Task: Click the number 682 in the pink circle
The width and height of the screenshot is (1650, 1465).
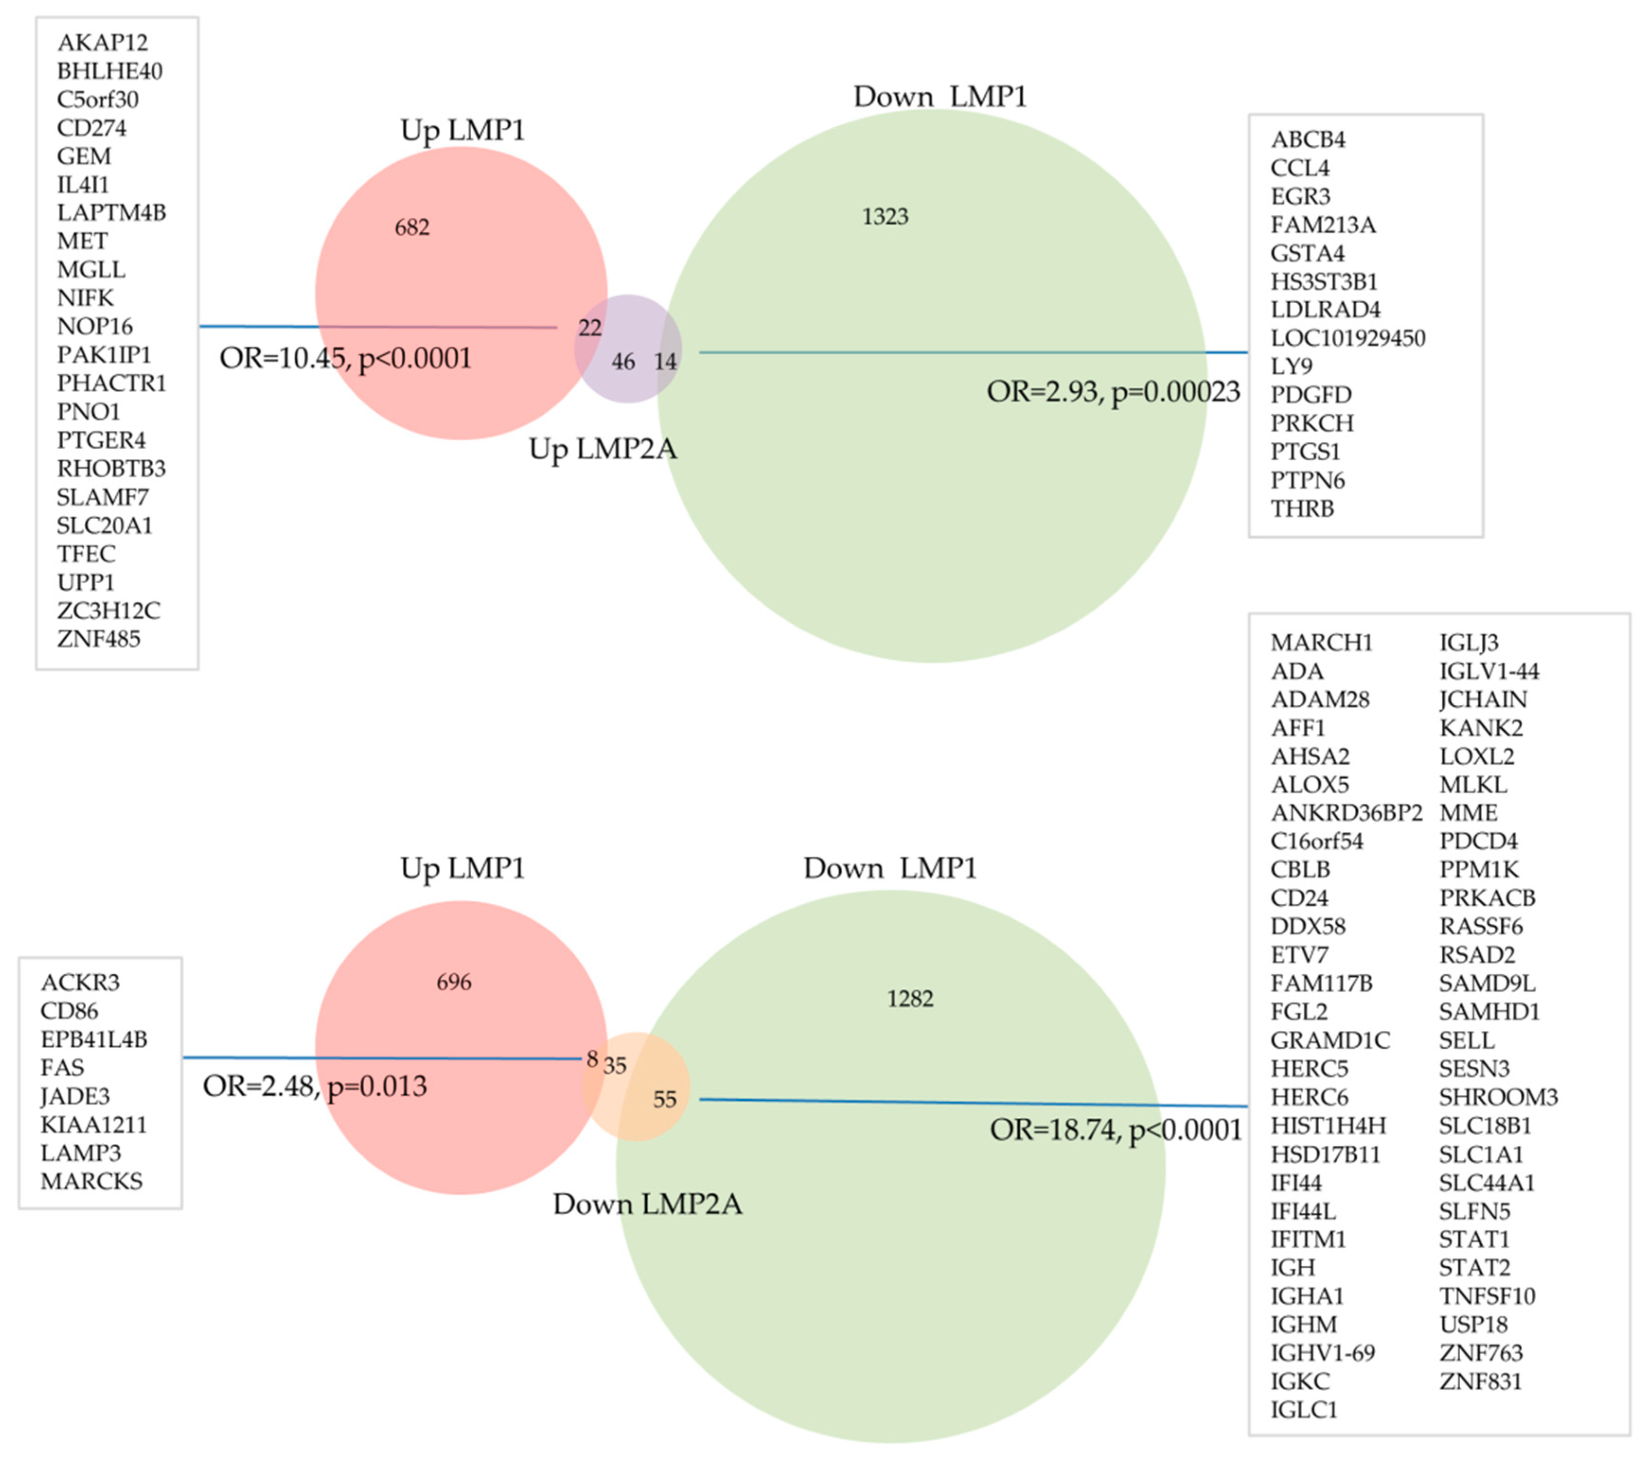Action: pos(412,228)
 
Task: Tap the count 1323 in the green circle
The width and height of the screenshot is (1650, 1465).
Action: pos(885,216)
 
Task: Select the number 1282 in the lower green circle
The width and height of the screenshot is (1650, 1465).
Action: pos(910,999)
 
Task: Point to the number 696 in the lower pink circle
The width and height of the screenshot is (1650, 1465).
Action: pos(454,983)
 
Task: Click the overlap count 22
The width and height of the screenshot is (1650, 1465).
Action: pos(590,328)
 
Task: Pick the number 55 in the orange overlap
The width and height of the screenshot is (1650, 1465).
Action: pos(664,1099)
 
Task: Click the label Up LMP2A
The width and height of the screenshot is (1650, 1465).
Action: pos(602,449)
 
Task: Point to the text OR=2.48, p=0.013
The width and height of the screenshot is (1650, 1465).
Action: pos(315,1087)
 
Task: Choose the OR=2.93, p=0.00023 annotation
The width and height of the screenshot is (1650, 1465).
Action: pos(1113,392)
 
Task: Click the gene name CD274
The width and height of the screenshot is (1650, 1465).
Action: pos(91,128)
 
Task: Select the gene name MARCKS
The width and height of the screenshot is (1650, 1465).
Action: pos(91,1182)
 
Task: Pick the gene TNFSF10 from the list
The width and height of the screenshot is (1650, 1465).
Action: pos(1487,1296)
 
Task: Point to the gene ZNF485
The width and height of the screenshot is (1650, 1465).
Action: pos(98,639)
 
